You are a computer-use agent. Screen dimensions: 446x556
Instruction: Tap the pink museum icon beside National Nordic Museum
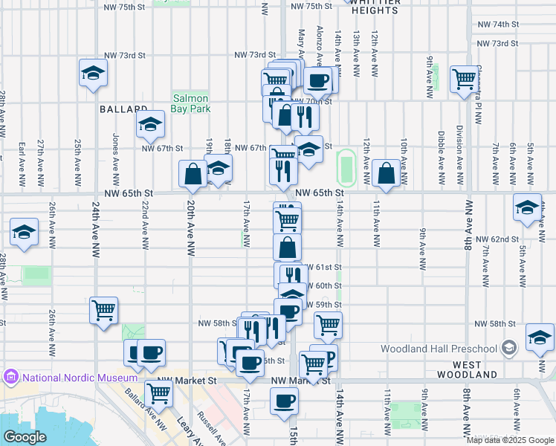pos(11,378)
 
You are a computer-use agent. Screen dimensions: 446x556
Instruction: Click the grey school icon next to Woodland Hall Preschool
pos(509,348)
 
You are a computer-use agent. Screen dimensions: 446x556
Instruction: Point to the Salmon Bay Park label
pos(191,103)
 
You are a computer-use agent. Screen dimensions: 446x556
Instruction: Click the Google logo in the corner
pos(25,437)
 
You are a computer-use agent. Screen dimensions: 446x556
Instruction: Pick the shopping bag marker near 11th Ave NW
pos(387,174)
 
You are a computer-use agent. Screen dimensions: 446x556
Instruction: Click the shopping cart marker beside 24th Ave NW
pos(103,310)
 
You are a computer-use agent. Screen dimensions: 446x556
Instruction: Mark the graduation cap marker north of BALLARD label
pos(93,73)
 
